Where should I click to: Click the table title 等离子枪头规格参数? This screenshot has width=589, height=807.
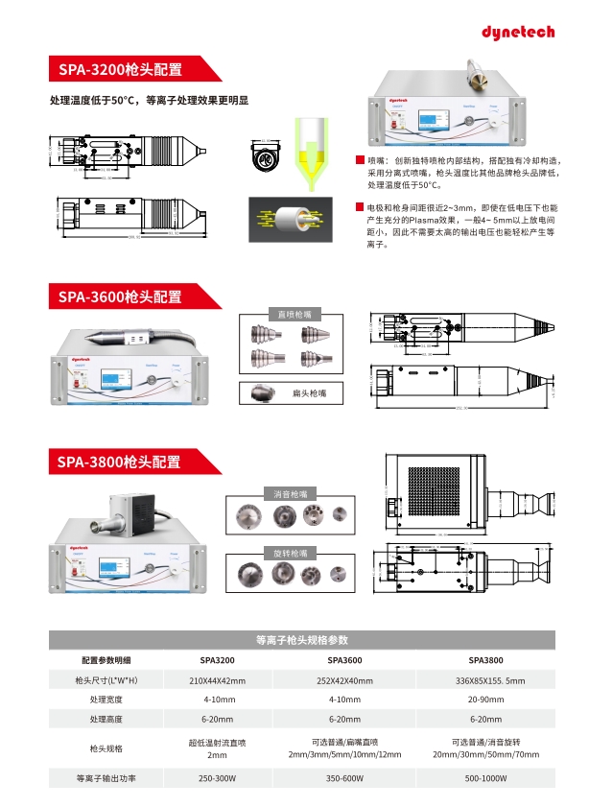tap(302, 639)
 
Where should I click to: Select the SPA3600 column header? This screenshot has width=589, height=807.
tap(345, 661)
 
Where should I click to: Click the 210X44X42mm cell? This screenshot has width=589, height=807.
tap(217, 680)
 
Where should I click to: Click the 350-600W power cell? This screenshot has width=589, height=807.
tap(345, 778)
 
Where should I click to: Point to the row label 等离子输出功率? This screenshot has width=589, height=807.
tap(106, 778)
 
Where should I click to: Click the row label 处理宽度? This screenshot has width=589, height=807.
tap(106, 700)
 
